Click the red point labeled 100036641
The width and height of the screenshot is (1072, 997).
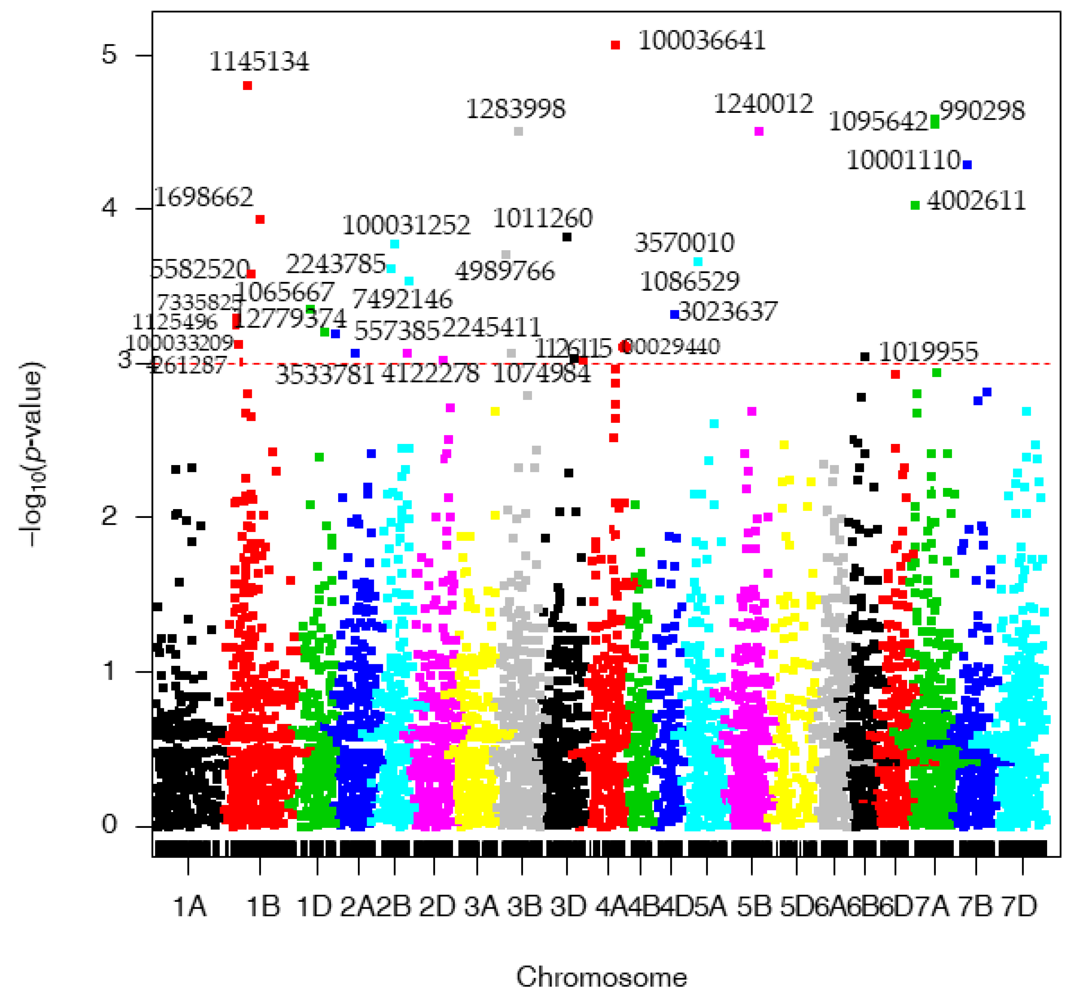click(x=615, y=45)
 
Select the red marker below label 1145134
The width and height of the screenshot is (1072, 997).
click(x=247, y=86)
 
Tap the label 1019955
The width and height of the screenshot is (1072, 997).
click(x=928, y=352)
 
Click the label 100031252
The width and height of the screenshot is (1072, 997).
click(x=406, y=225)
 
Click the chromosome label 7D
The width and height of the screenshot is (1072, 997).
click(x=1019, y=906)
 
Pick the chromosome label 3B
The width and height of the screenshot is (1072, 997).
click(x=524, y=906)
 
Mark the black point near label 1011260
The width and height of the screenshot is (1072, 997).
click(x=567, y=237)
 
